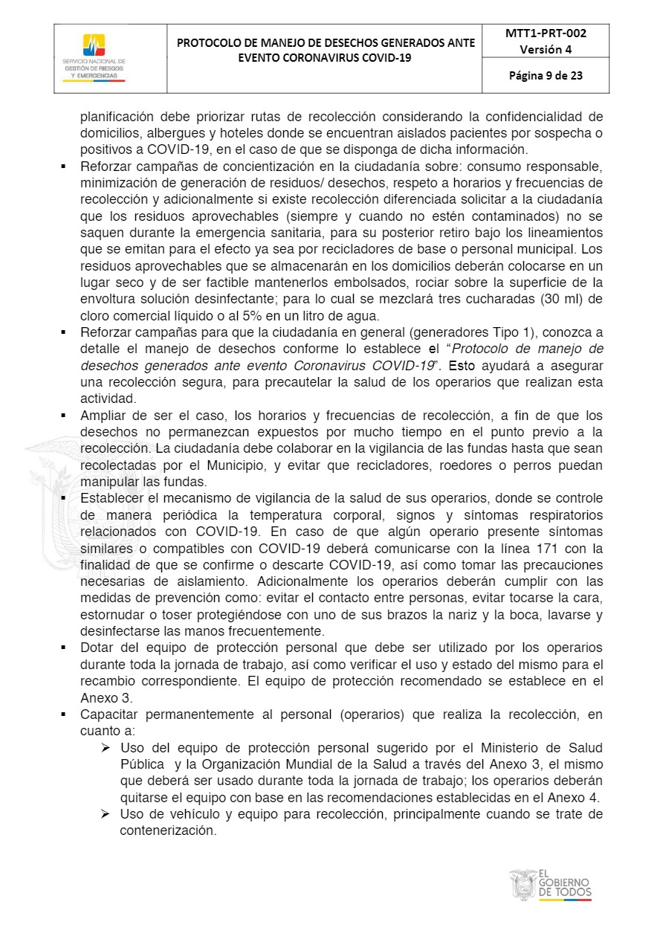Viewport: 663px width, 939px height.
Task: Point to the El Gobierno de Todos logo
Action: click(551, 885)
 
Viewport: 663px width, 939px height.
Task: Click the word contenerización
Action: click(167, 831)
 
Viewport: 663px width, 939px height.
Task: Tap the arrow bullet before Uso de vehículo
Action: click(106, 815)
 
